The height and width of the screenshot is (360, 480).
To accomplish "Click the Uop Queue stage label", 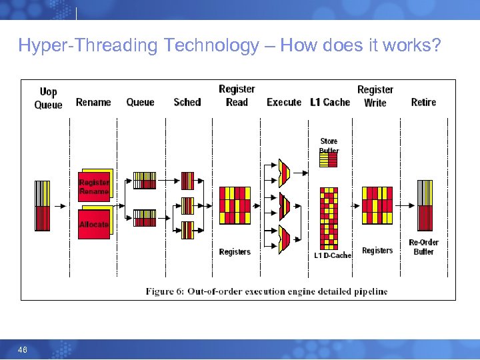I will pos(48,98).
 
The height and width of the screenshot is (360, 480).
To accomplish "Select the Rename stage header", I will pos(93,102).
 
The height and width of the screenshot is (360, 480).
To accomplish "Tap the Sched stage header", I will pos(187,102).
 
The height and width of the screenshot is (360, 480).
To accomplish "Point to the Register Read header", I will pos(237,95).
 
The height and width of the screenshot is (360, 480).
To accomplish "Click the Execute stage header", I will pos(284,102).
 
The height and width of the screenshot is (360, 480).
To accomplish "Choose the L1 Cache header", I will pos(330,102).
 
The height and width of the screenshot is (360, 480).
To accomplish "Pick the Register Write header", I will pos(375,95).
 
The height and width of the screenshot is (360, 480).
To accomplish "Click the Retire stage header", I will pos(423,102).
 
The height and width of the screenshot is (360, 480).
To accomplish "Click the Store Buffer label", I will pos(329,145).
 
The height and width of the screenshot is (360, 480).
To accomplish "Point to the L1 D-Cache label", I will pos(333,255).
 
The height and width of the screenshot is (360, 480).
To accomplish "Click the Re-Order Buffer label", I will pos(423,247).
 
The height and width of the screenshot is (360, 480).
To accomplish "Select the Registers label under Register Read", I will pos(235,251).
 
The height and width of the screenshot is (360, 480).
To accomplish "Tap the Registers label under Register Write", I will pos(377,251).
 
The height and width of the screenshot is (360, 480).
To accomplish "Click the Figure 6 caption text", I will pos(267,291).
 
